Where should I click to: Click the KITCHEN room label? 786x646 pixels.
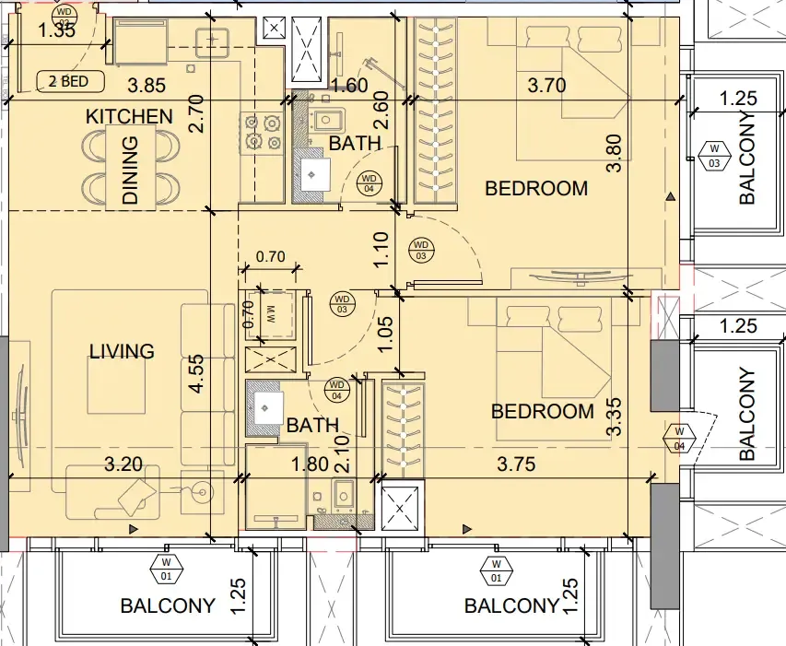[x=129, y=116]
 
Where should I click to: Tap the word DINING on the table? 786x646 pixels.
[x=130, y=170]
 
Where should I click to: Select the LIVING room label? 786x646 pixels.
[x=122, y=351]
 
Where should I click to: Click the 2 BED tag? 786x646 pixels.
[x=70, y=81]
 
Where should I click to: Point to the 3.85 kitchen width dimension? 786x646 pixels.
[x=147, y=85]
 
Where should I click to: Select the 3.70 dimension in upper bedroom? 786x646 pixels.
[x=547, y=85]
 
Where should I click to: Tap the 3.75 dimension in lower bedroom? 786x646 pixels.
[x=516, y=464]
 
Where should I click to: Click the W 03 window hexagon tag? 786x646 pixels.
[x=714, y=156]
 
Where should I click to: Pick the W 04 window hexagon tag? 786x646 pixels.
[x=679, y=439]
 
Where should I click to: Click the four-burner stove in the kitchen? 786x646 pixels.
[x=263, y=133]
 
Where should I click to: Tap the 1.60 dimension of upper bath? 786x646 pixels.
[x=349, y=85]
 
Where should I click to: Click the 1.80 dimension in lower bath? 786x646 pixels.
[x=311, y=464]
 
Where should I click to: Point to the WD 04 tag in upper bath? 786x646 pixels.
[x=369, y=183]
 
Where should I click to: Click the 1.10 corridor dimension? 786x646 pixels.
[x=381, y=250]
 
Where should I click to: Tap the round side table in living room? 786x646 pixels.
[x=203, y=492]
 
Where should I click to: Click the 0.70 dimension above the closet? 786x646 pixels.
[x=271, y=256]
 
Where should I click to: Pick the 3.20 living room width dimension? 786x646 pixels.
[x=123, y=464]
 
